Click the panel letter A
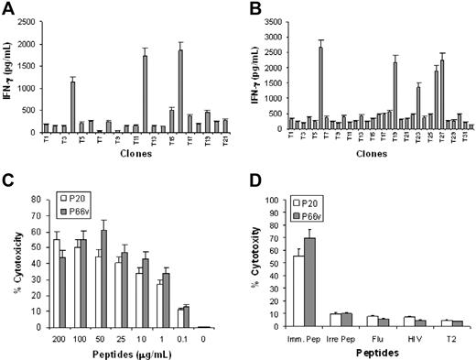coord(8,9)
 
